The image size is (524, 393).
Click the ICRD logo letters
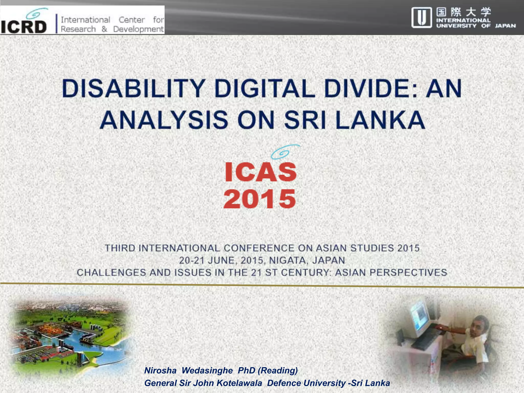[24, 27]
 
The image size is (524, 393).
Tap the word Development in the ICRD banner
[138, 29]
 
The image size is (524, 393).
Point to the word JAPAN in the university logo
[505, 26]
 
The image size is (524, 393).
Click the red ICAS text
[260, 172]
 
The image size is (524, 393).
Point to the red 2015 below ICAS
[259, 199]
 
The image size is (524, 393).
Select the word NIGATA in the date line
[287, 260]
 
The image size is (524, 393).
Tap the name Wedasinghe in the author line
[207, 370]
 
